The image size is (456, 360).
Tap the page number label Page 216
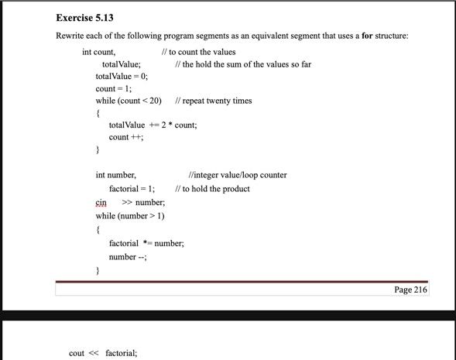point(410,290)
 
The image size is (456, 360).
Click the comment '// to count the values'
point(198,52)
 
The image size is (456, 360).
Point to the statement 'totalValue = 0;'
point(122,77)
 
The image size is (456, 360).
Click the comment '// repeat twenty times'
point(214,101)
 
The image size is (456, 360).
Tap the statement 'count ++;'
point(126,137)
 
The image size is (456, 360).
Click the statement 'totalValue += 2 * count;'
point(153,125)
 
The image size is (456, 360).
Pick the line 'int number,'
point(116,175)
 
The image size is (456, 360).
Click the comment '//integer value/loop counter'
point(237,175)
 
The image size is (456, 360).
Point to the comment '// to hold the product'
point(213,189)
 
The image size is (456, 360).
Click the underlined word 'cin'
point(101,203)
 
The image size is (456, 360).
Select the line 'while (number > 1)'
point(130,216)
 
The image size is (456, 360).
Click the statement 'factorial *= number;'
point(146,243)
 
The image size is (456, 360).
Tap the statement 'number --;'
point(128,257)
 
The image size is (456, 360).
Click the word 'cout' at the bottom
point(77,353)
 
